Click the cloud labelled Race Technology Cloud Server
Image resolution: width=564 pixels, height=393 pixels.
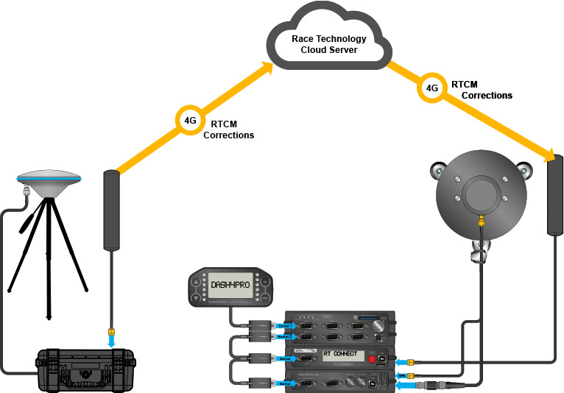pyautogui.click(x=328, y=40)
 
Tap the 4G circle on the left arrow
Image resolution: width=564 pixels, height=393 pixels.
pyautogui.click(x=189, y=118)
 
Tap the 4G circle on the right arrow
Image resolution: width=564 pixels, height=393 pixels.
pyautogui.click(x=432, y=88)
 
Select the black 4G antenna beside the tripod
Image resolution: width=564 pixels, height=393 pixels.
pyautogui.click(x=111, y=210)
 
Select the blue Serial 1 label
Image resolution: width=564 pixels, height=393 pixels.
pyautogui.click(x=286, y=325)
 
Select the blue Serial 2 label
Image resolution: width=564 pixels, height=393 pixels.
pyautogui.click(x=286, y=336)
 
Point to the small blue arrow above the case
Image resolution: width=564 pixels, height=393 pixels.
pyautogui.click(x=111, y=341)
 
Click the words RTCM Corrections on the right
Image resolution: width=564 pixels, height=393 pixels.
pyautogui.click(x=482, y=90)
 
